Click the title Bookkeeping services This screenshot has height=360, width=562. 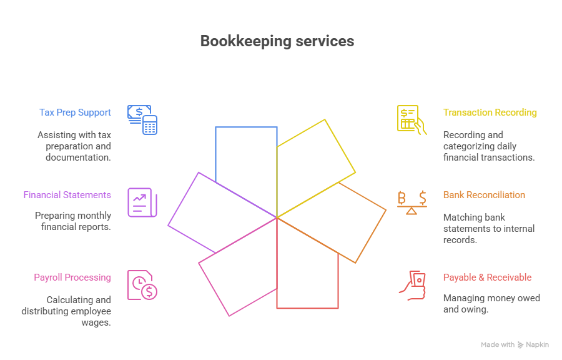coord(277,41)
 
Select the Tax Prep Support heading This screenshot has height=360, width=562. coord(75,112)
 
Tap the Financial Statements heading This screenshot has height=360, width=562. coord(67,195)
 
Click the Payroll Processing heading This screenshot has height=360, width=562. coord(72,277)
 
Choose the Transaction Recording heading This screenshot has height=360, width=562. coord(490,112)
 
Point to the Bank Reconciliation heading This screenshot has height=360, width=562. coord(484,195)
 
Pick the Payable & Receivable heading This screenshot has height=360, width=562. coord(487,277)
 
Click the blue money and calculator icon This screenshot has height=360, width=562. coord(142,119)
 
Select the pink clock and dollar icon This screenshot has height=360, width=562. coord(142,285)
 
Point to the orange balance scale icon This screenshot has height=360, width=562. coord(412,202)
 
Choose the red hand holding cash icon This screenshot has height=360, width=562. coord(412,285)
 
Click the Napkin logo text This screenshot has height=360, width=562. coord(537,344)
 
